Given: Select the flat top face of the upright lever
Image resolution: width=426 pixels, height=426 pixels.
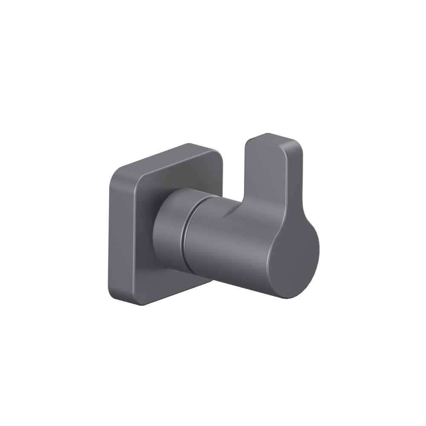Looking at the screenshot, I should pyautogui.click(x=273, y=141).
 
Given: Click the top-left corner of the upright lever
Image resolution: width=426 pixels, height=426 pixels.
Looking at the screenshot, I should pyautogui.click(x=248, y=143).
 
